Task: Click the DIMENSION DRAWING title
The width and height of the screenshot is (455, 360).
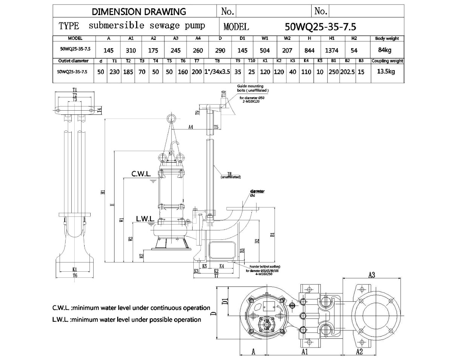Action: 139,11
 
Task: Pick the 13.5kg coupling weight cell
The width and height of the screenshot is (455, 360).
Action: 387,71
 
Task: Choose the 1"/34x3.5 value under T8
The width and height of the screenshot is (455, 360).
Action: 217,72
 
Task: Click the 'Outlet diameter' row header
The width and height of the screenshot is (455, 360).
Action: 74,61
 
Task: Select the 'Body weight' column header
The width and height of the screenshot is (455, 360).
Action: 387,39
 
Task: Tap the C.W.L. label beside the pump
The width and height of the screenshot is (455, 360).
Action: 141,174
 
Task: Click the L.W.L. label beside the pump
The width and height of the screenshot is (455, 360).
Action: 145,219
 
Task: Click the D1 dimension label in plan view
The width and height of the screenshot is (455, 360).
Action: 225,302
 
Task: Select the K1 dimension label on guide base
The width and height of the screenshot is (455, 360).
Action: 75,269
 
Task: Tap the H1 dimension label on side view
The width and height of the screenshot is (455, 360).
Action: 103,192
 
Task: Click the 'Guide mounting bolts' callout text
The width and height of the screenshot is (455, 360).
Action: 253,88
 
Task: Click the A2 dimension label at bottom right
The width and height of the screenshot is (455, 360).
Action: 359,352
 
